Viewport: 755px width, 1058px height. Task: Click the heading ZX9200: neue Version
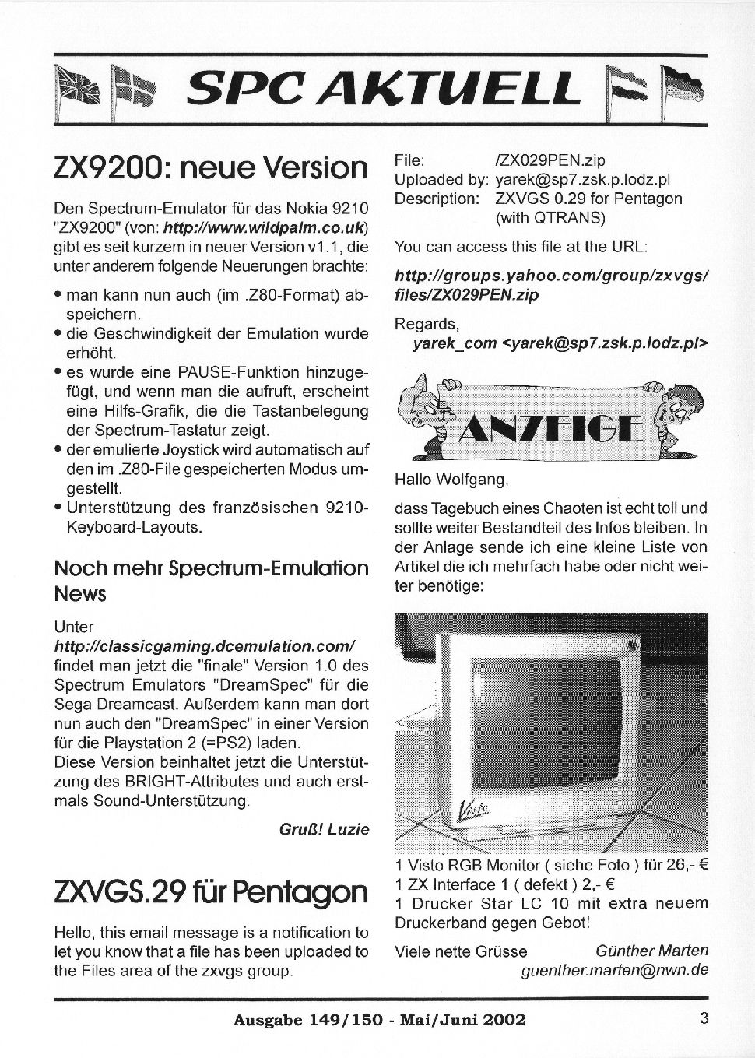click(211, 167)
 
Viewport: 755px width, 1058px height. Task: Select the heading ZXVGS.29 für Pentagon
click(211, 891)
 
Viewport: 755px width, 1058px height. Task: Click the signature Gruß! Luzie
click(324, 829)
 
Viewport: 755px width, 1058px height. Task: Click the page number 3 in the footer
click(704, 1018)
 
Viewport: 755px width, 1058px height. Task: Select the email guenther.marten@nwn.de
click(615, 971)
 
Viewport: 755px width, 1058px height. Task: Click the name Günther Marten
click(651, 951)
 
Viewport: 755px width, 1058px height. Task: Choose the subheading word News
click(80, 594)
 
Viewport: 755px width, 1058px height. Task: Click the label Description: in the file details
click(437, 199)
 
